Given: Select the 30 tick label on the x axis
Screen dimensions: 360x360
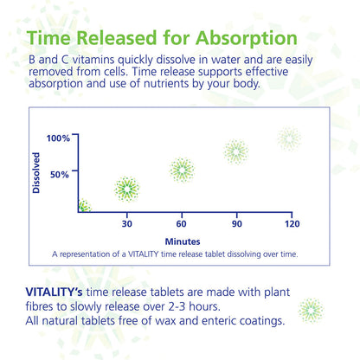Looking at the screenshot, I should [127, 224].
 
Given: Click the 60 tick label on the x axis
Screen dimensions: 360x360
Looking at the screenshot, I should [182, 224].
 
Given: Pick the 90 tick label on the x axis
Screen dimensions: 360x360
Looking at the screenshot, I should [236, 224].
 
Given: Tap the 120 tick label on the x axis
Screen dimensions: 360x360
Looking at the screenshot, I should [291, 224].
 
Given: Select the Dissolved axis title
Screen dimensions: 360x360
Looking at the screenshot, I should [36, 173].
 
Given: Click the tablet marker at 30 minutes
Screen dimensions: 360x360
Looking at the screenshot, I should [127, 189].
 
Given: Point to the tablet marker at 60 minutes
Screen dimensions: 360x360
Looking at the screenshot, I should [182, 170].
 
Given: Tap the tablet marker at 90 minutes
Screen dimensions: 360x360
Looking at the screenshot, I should [236, 151].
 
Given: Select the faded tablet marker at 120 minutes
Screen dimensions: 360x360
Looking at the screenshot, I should [289, 138].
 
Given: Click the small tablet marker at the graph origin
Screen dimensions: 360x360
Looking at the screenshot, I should [83, 206].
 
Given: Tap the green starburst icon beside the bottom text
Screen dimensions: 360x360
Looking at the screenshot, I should [311, 310].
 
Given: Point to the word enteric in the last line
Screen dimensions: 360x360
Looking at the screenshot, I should [214, 321].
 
